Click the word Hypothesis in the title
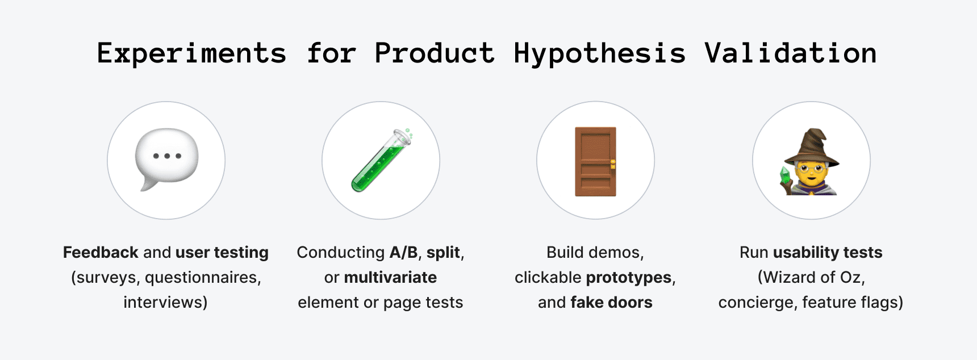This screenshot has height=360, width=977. coord(599,53)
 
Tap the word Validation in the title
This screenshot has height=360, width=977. coord(790,53)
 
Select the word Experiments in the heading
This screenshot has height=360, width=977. coord(191,53)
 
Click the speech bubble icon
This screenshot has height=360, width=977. coord(166,158)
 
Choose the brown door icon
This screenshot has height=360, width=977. coord(595,162)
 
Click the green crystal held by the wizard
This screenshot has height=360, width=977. coord(786,175)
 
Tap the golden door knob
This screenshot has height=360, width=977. coord(613,165)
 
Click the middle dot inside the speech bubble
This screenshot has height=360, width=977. coord(167,156)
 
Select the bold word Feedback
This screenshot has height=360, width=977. coord(101,252)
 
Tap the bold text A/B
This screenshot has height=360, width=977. coord(403,252)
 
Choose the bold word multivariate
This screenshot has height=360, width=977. coord(390,278)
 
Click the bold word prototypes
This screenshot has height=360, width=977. coord(629,278)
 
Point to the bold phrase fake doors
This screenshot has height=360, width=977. coord(611,302)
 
